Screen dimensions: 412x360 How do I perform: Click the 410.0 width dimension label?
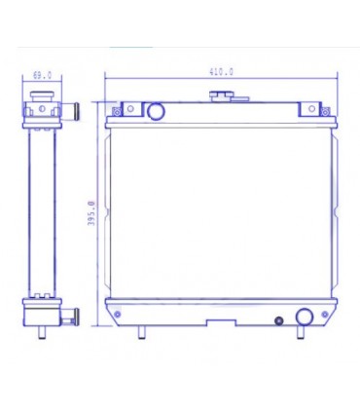point(220,71)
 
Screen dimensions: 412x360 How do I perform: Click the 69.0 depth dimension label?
point(42,74)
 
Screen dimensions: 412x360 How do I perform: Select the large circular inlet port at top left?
point(156,110)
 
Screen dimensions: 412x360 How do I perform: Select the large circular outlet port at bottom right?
point(305,317)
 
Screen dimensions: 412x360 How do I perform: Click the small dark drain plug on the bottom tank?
point(278,320)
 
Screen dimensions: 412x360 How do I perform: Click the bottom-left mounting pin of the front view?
point(142,332)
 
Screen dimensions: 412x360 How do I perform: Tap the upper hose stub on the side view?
point(69,108)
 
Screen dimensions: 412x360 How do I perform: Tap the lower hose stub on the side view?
point(70,315)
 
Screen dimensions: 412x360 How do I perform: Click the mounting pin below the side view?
point(42,332)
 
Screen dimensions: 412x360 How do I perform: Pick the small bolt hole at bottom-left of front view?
point(118,314)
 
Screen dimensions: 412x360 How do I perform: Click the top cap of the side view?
point(42,95)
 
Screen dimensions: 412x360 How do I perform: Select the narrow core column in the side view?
point(42,209)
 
